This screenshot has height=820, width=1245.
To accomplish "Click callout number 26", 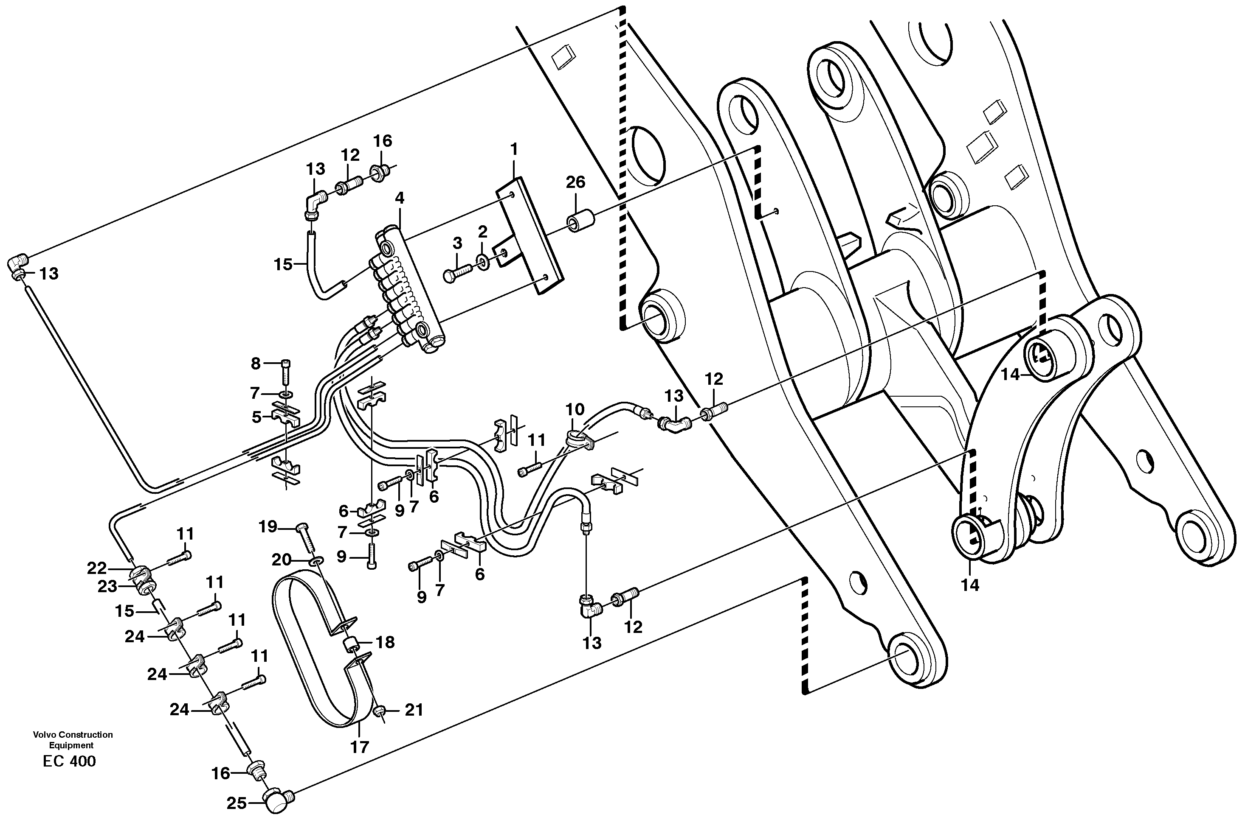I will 575,182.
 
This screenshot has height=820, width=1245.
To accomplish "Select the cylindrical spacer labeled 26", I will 579,221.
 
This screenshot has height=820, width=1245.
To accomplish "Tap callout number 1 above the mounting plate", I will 514,150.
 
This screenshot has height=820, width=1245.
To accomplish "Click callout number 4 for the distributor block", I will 400,198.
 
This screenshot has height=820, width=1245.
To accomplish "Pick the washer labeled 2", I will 482,260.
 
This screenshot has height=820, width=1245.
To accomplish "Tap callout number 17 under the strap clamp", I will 360,747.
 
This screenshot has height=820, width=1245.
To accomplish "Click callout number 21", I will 414,710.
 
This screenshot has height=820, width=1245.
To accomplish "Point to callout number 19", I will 268,526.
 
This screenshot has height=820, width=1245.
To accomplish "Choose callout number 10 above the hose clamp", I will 575,409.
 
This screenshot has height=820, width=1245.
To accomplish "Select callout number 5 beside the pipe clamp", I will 256,417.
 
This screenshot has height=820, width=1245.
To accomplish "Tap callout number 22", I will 97,568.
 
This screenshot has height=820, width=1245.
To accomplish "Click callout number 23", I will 107,587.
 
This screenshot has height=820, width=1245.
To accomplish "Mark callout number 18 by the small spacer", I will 386,642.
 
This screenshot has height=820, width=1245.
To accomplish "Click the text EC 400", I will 70,761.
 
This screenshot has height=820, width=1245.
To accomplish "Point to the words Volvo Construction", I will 73,735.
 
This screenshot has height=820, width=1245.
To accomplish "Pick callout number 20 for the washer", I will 281,560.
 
